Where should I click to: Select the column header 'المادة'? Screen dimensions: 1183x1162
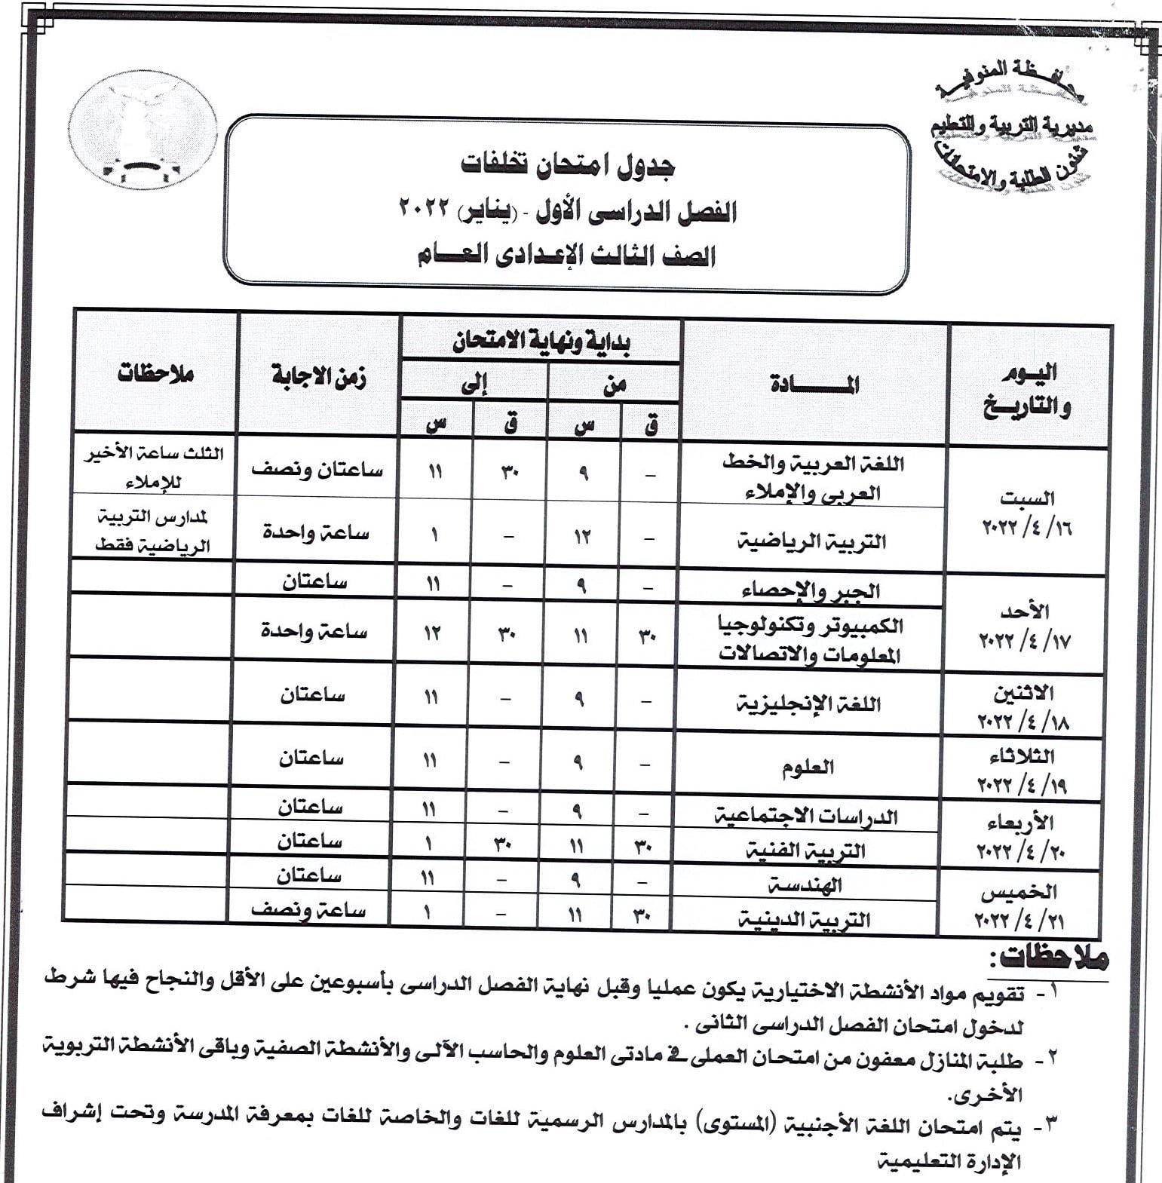click(x=814, y=385)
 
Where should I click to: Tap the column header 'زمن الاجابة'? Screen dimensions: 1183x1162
click(x=319, y=377)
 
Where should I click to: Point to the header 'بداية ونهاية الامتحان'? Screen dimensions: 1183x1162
click(x=541, y=343)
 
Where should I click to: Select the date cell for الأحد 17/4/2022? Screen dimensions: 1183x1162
click(x=1026, y=626)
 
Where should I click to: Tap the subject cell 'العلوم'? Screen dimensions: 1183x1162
click(x=808, y=768)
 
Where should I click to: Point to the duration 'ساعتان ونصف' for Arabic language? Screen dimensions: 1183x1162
click(x=317, y=470)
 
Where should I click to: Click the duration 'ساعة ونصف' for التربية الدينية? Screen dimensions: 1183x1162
click(x=308, y=910)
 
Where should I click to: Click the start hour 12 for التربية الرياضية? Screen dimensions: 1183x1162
click(x=583, y=537)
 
